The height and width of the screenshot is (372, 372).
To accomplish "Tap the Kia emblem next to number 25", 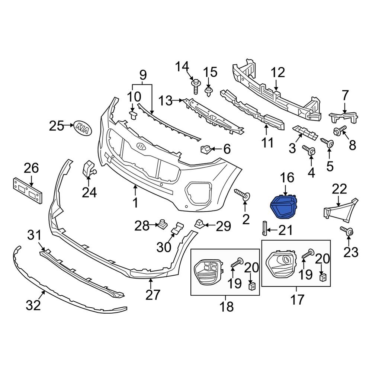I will (83, 127).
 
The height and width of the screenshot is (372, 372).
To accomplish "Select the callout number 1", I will (135, 203).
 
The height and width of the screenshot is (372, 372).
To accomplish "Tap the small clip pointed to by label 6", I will (206, 150).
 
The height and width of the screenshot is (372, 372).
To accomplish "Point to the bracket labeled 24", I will (88, 169).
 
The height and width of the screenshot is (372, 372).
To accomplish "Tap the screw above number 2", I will (242, 195).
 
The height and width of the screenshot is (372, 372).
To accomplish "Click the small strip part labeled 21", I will (264, 228).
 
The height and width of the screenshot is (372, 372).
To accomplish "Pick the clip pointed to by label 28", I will (162, 224).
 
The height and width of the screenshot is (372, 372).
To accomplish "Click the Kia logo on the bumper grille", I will (142, 146).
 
